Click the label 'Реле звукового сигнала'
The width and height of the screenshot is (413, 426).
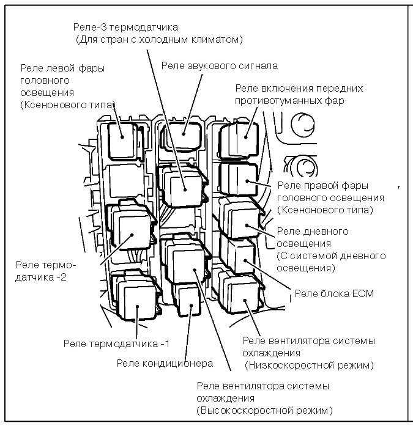220,65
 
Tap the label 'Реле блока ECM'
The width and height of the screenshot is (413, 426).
334,293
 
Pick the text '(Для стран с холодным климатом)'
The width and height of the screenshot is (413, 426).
160,40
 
